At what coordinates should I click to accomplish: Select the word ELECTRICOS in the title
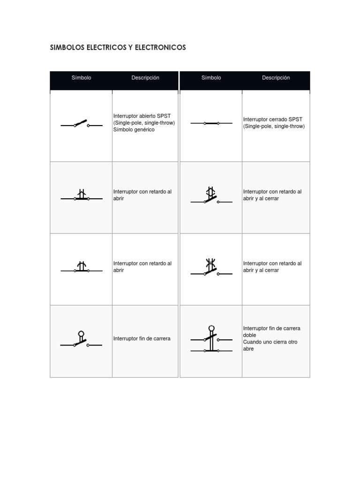[106, 47]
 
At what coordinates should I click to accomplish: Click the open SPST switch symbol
[81, 124]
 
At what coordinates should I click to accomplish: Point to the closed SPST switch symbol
[211, 123]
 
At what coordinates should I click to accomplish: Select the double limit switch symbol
[211, 339]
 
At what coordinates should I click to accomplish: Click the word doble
[249, 335]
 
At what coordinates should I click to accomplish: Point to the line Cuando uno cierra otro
[270, 342]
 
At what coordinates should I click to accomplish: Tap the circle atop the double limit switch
[211, 328]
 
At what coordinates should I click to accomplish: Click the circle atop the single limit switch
[81, 334]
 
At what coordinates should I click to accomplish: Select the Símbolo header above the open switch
[81, 78]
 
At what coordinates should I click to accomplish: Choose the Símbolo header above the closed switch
[211, 78]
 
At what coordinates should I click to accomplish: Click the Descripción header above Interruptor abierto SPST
[145, 78]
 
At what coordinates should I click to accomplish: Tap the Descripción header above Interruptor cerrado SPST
[276, 78]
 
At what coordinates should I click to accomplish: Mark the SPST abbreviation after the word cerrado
[296, 120]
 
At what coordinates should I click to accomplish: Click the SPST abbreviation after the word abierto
[164, 116]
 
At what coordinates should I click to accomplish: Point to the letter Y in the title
[130, 47]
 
